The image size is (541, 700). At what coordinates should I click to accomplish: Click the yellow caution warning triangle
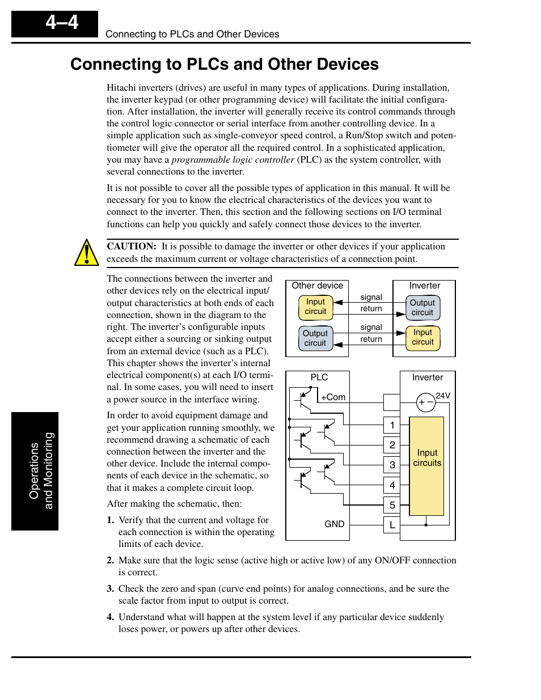click(x=86, y=253)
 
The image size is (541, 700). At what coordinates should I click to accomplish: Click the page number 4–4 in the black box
click(x=62, y=23)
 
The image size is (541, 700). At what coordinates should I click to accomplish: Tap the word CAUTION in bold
click(x=131, y=247)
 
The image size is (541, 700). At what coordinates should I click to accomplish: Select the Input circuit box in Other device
click(x=315, y=307)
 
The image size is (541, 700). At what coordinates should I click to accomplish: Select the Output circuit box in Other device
click(x=315, y=338)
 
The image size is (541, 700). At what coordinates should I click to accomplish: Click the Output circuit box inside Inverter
click(x=422, y=308)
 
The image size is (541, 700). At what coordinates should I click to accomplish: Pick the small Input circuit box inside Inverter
click(x=422, y=337)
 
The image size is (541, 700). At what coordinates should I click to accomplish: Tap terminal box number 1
click(x=392, y=425)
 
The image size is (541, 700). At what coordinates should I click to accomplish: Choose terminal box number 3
click(x=392, y=465)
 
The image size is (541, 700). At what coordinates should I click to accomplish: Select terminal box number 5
click(x=392, y=505)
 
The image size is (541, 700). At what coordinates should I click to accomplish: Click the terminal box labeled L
click(x=392, y=525)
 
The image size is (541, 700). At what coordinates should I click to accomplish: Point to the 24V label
click(x=443, y=396)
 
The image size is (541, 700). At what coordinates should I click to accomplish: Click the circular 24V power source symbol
click(x=425, y=402)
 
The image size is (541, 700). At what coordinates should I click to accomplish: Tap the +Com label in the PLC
click(x=333, y=397)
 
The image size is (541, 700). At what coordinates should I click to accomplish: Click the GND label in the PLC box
click(x=334, y=524)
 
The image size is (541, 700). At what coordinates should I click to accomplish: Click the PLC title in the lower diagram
click(x=319, y=377)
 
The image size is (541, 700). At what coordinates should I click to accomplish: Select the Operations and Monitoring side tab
click(x=35, y=471)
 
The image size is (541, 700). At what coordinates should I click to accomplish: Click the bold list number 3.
click(x=110, y=589)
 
